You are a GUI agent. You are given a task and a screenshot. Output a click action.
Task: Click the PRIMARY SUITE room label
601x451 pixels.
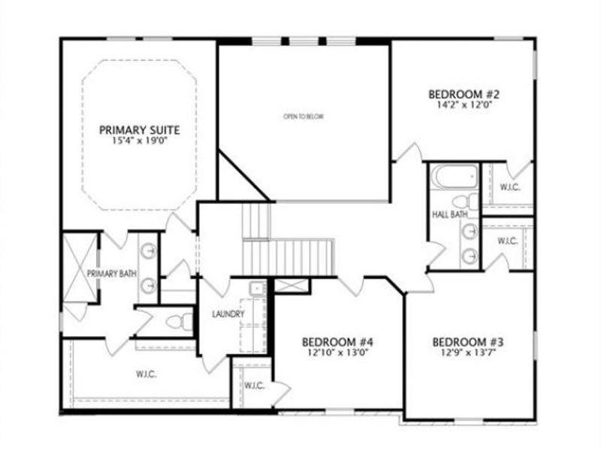pyautogui.click(x=139, y=130)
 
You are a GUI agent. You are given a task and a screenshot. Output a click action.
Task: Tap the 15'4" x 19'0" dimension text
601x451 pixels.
pyautogui.click(x=139, y=141)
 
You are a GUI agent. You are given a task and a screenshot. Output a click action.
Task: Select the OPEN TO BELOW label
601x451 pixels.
pyautogui.click(x=303, y=117)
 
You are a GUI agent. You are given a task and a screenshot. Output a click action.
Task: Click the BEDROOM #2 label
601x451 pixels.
pyautogui.click(x=464, y=95)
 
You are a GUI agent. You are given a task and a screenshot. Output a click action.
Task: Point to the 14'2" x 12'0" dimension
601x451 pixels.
pyautogui.click(x=464, y=106)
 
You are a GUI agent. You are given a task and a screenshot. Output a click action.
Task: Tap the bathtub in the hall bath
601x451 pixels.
pyautogui.click(x=455, y=177)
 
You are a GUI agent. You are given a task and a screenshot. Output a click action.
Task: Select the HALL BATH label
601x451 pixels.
pyautogui.click(x=450, y=215)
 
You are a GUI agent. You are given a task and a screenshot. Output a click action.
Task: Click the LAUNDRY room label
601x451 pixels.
pyautogui.click(x=228, y=314)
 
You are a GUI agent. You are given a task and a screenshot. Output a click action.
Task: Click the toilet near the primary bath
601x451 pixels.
pyautogui.click(x=174, y=322)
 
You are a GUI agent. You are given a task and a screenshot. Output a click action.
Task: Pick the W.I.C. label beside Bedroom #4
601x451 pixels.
pyautogui.click(x=254, y=386)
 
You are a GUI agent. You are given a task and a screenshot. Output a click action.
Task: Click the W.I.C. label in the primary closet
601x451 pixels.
pyautogui.click(x=146, y=374)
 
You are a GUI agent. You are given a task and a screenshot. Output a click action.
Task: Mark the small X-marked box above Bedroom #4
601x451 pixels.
pyautogui.click(x=291, y=285)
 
